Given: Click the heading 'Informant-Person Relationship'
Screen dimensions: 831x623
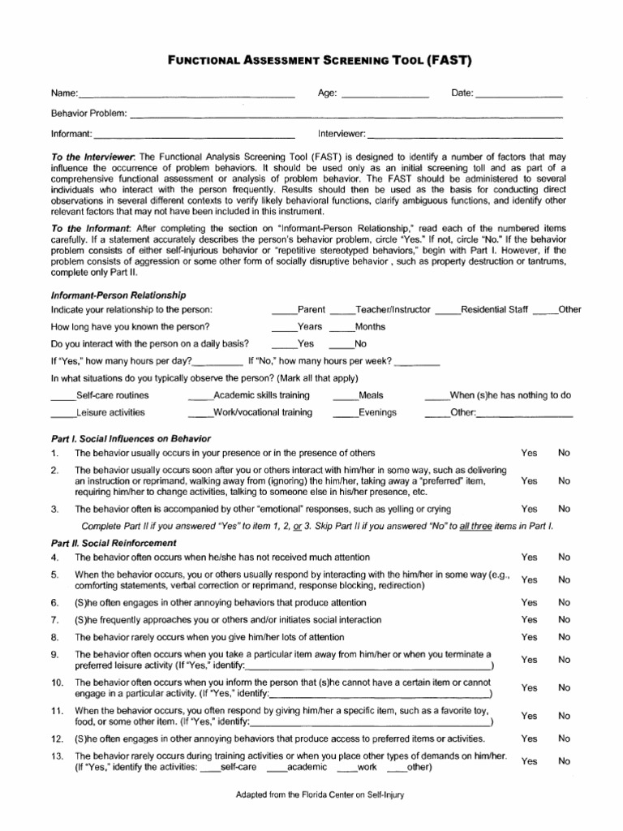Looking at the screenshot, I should coord(118,295).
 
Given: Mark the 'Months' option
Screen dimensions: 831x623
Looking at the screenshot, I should coord(357,327).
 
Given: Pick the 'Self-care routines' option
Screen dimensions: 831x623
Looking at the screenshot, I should coord(100,395).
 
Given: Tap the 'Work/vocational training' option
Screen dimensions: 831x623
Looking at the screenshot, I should coord(250,412).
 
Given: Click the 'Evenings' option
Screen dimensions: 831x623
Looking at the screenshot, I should coord(365,412).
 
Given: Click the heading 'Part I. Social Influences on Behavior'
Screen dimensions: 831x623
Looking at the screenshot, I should coord(131,438).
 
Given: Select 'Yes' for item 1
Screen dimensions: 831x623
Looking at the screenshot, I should coord(529,453).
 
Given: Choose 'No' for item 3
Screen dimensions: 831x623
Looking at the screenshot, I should coord(564,509).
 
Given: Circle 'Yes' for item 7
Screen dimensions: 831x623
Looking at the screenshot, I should coord(529,620).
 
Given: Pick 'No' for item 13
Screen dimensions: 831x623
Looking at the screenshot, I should coord(564,761).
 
